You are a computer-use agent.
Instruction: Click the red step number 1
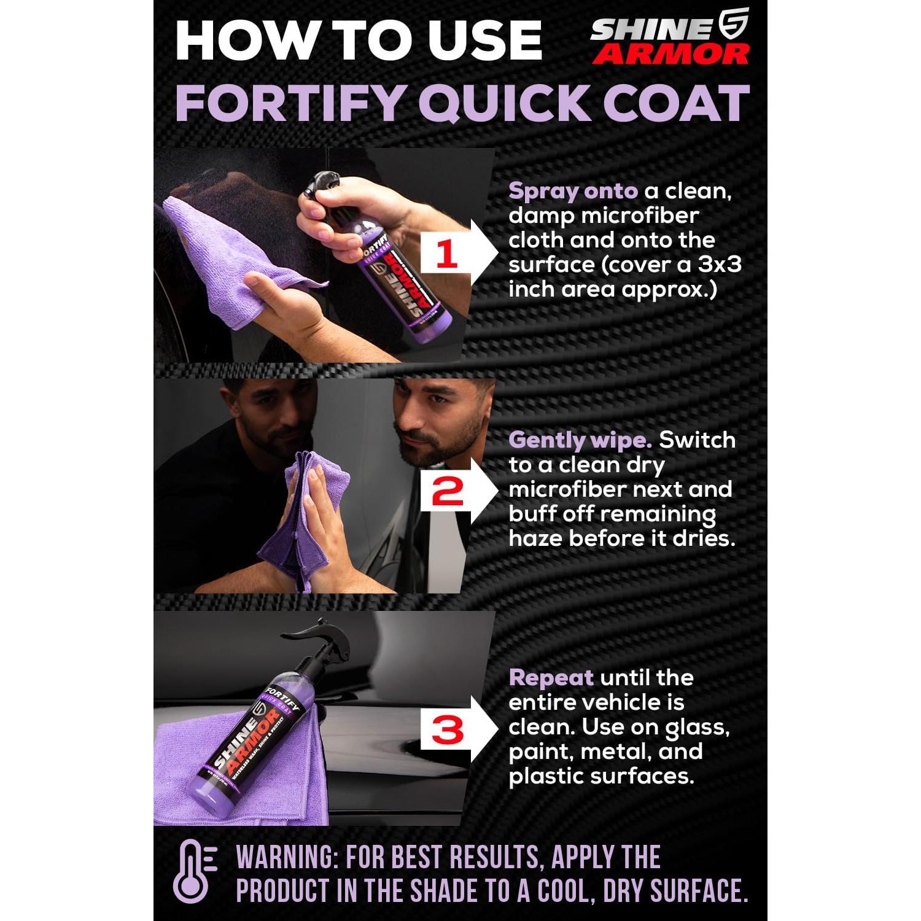pyautogui.click(x=446, y=254)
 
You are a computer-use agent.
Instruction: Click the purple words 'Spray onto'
pyautogui.click(x=573, y=192)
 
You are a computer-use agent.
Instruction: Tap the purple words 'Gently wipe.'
pyautogui.click(x=580, y=440)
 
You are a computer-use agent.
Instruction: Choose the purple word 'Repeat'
pyautogui.click(x=551, y=678)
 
